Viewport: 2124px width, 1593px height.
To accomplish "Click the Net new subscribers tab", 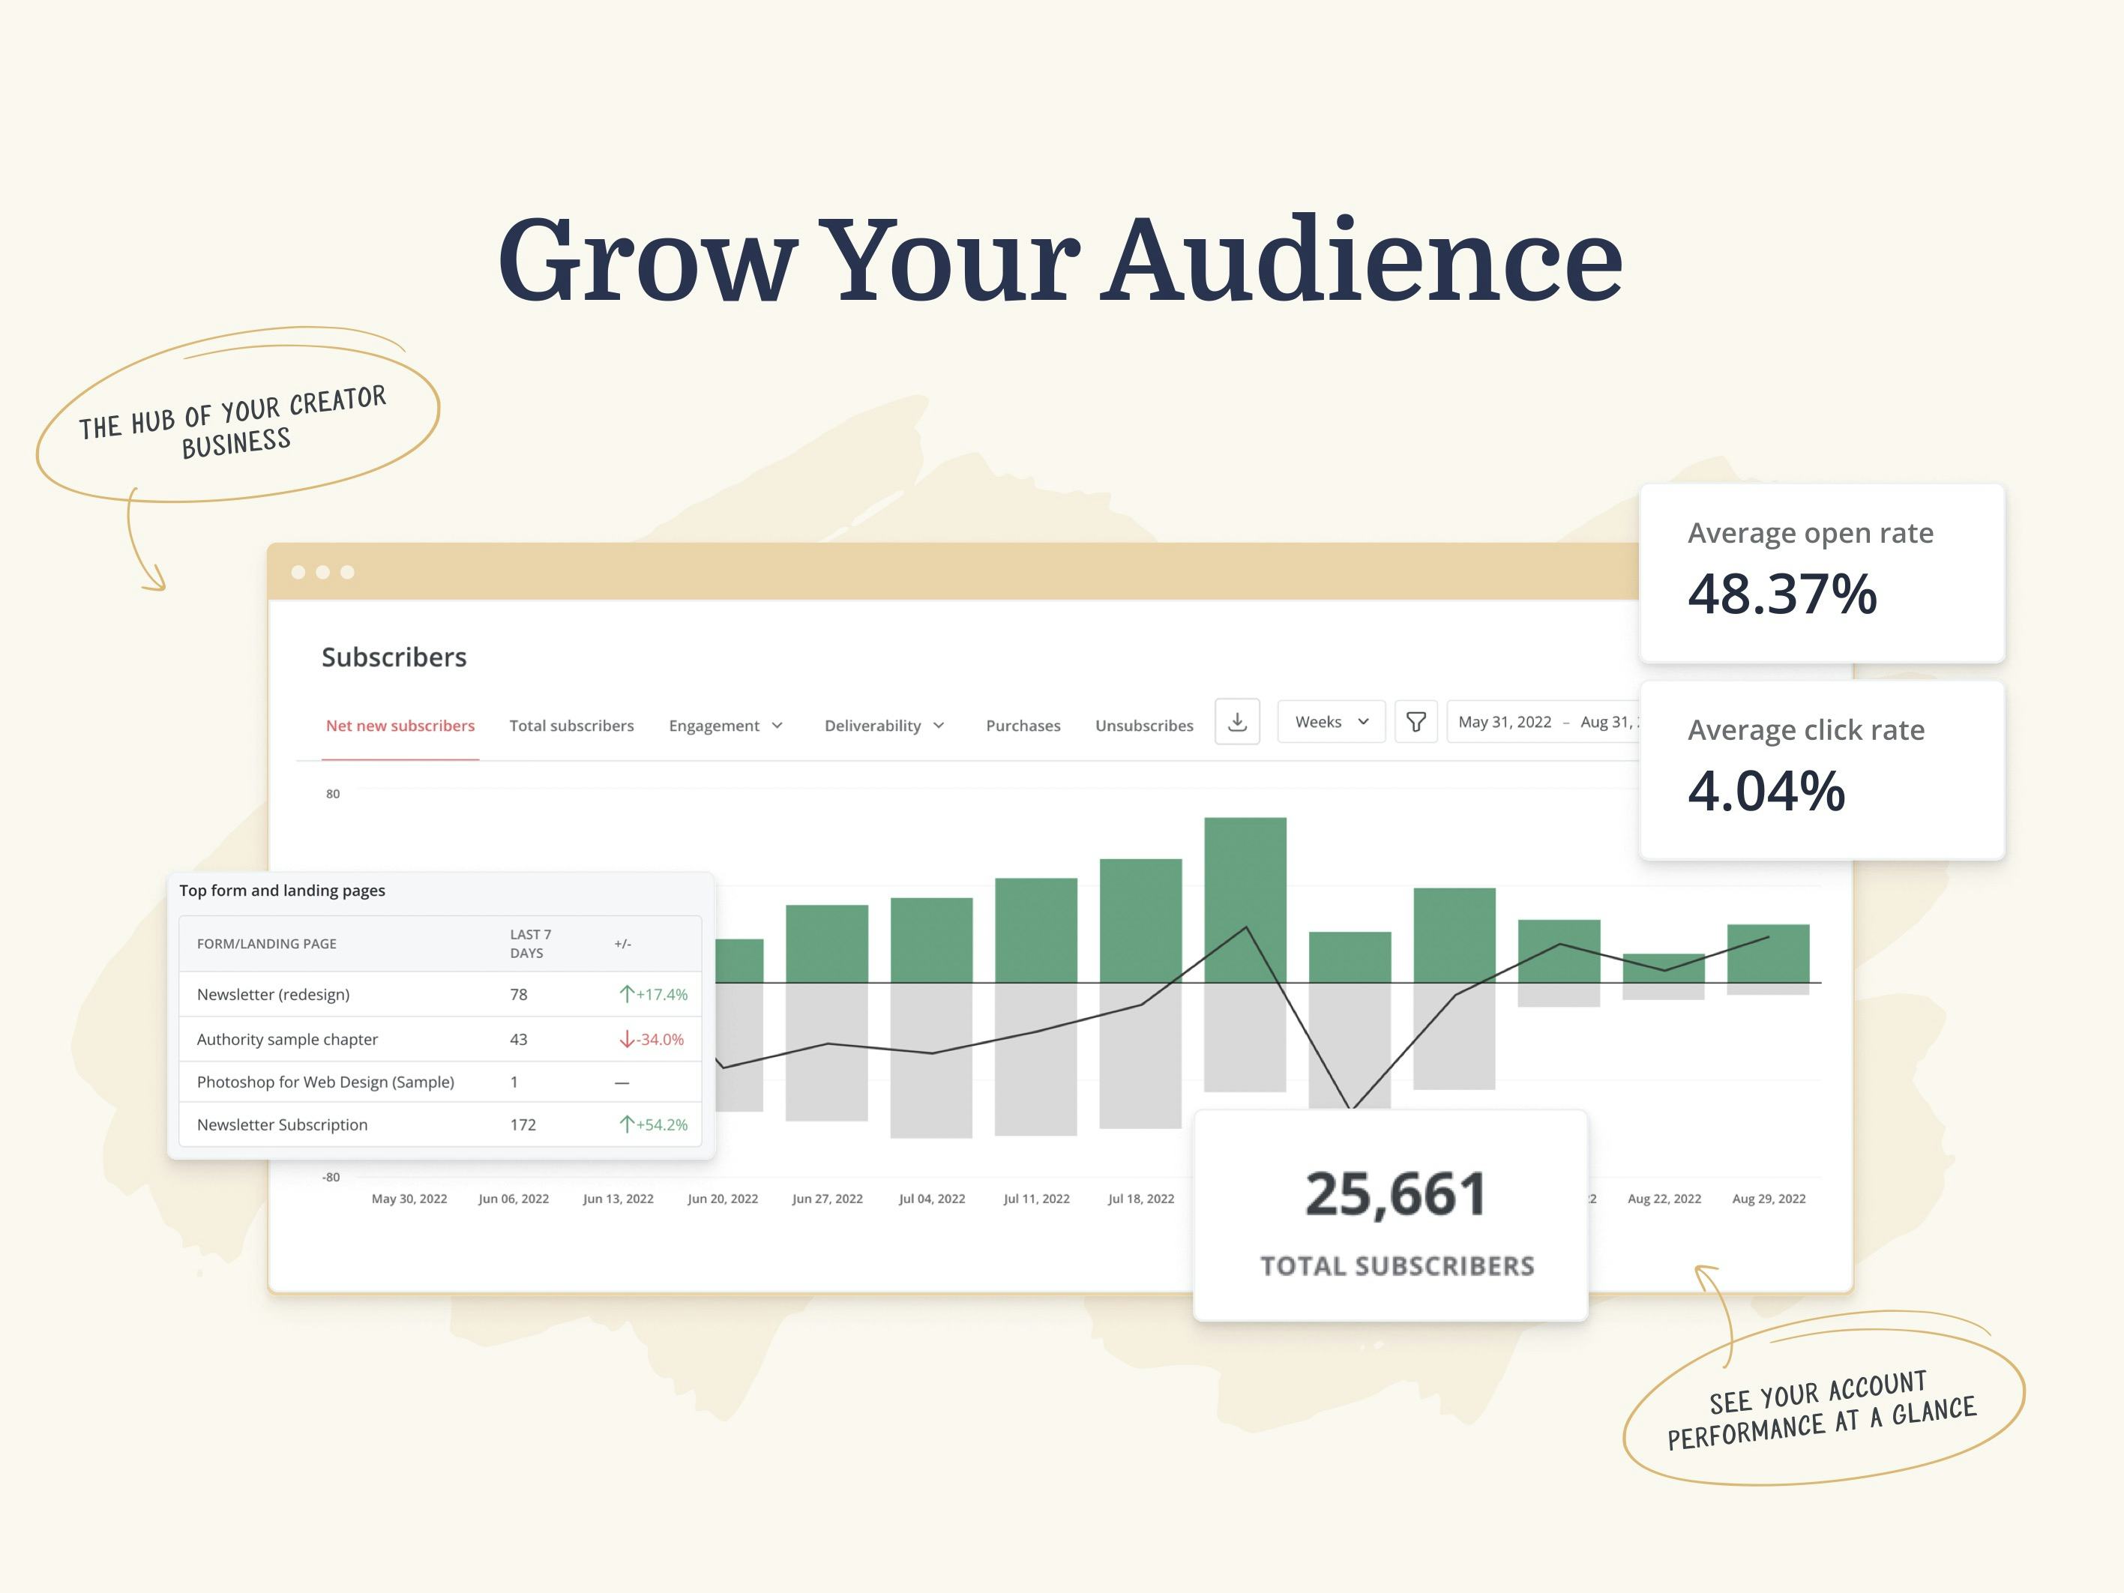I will click(x=400, y=726).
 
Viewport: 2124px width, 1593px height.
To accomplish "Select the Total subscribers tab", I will click(x=571, y=726).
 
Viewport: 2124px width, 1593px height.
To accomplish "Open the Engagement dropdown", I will click(x=726, y=726).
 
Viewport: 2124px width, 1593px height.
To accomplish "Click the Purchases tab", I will click(x=1023, y=726).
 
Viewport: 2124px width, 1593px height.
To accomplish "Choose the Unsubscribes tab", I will click(x=1143, y=726).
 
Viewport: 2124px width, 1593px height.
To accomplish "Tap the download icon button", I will click(x=1237, y=721).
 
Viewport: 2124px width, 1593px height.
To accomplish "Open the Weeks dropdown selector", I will click(x=1331, y=722).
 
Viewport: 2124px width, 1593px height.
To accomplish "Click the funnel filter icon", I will click(x=1416, y=722).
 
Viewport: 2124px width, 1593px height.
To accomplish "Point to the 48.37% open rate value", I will click(x=1781, y=594).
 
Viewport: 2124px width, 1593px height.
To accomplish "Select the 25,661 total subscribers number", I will click(x=1395, y=1193).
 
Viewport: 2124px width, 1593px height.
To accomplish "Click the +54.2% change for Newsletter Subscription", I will click(x=654, y=1124).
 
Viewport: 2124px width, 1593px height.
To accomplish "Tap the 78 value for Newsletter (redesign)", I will click(x=519, y=995).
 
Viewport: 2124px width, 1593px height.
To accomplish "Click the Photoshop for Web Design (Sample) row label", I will click(x=325, y=1082).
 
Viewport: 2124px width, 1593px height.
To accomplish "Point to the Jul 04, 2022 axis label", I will click(x=931, y=1199).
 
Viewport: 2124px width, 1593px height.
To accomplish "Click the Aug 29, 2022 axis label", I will click(x=1768, y=1199).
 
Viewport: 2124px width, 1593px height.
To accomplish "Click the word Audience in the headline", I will click(x=1365, y=259).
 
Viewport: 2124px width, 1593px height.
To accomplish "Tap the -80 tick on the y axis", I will click(x=331, y=1177).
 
